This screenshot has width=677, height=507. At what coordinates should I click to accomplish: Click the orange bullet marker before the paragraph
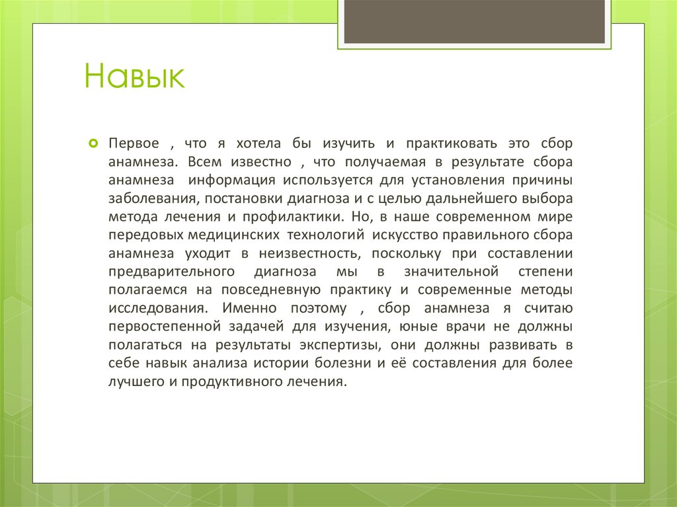[x=93, y=143]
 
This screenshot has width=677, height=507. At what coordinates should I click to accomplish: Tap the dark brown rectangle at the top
[x=474, y=22]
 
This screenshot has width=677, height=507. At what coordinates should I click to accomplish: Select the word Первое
[x=134, y=143]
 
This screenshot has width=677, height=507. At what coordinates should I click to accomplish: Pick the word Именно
[x=248, y=308]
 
